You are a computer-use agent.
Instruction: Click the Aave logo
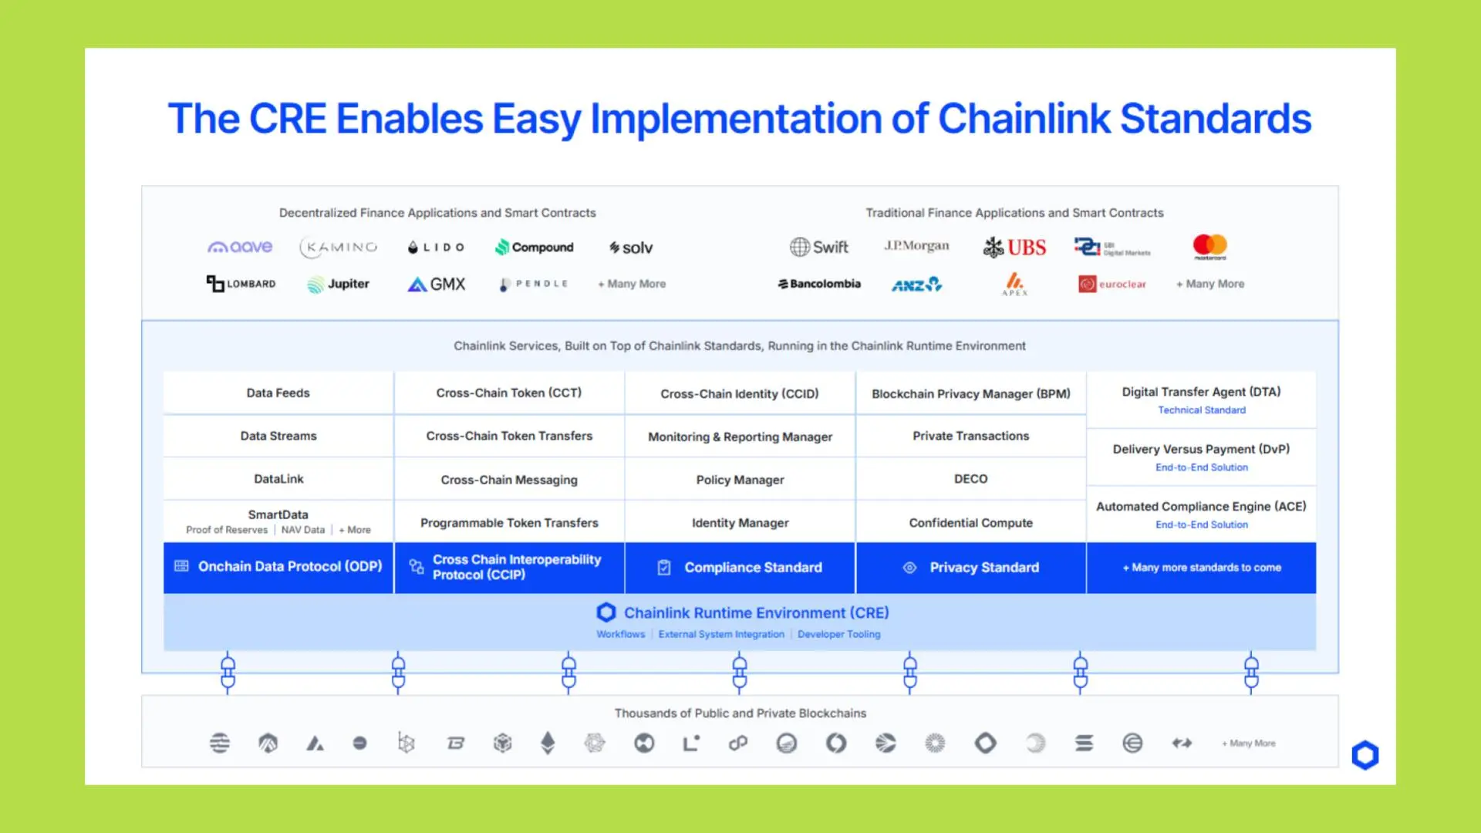point(240,247)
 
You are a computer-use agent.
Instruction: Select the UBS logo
point(1014,248)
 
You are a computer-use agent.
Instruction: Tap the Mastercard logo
point(1209,246)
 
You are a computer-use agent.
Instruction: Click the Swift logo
point(818,247)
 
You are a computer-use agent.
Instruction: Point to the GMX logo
point(437,284)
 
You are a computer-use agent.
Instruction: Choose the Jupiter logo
point(338,284)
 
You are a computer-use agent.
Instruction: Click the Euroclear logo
point(1112,284)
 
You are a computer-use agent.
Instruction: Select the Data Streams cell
point(278,436)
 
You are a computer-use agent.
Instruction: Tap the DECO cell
point(970,479)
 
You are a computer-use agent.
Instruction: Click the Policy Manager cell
point(740,480)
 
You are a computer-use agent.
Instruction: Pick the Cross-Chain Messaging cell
point(509,480)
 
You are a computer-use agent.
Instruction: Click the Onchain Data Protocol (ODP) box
point(278,567)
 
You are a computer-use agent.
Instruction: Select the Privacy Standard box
point(970,568)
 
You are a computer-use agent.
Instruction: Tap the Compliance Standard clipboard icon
point(664,568)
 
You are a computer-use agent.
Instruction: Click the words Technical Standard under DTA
point(1201,410)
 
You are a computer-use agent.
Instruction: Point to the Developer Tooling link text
point(838,634)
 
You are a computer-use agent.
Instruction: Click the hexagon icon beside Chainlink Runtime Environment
point(606,612)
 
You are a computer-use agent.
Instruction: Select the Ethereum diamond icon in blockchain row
point(548,743)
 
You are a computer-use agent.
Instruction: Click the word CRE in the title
point(287,119)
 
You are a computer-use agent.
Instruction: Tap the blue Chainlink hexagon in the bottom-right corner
point(1365,755)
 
